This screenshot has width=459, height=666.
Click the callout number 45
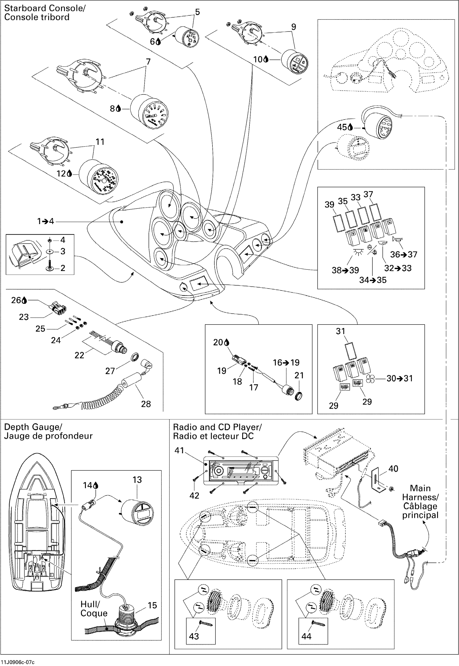342,127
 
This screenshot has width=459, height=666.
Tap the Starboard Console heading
45,13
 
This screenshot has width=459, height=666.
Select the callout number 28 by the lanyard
146,404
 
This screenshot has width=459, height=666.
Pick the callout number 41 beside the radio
179,450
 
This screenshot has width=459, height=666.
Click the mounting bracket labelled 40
376,479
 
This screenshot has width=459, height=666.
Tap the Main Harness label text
420,502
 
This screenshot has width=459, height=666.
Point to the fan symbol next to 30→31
371,378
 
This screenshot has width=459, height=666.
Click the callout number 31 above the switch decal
340,331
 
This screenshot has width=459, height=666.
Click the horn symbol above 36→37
397,239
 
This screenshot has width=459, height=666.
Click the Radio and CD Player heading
217,431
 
